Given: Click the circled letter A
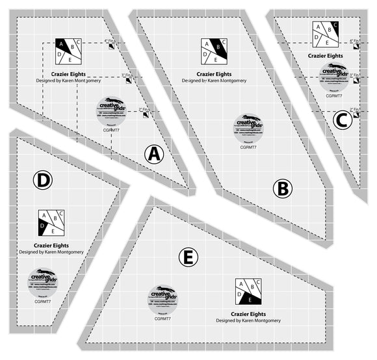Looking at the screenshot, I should (x=153, y=154).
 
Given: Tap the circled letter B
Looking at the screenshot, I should (x=283, y=188).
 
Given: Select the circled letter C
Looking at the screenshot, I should (x=342, y=120).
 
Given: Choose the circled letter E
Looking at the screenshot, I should (x=187, y=257).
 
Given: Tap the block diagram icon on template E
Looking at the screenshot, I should (x=249, y=290).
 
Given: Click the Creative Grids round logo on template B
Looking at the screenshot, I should (x=248, y=128).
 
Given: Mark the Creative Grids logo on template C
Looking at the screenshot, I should (x=333, y=75).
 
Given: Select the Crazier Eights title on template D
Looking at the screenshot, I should (x=51, y=245).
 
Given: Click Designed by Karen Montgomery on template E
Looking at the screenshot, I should (x=249, y=320).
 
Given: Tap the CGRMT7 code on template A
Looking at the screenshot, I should (x=112, y=131).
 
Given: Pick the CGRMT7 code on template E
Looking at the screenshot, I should (x=162, y=318).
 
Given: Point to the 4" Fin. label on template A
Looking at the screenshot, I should (x=110, y=41).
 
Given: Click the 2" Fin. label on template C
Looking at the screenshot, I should (x=355, y=109).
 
